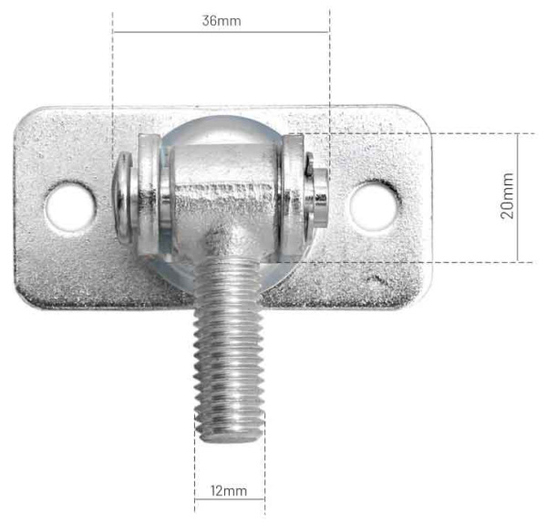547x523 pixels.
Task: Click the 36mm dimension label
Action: click(222, 20)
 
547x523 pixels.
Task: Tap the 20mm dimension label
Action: click(507, 196)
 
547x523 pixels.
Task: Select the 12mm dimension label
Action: click(228, 491)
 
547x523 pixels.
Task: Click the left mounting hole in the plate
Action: click(71, 204)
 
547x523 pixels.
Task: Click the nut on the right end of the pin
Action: click(319, 194)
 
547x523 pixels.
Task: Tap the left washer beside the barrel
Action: click(150, 194)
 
